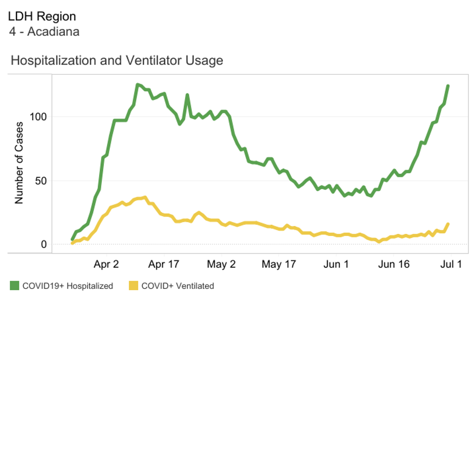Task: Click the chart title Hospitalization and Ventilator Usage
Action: (117, 60)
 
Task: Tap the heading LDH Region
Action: (42, 17)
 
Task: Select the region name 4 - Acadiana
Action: (44, 32)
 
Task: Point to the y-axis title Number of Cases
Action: (19, 163)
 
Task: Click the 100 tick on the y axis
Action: (38, 117)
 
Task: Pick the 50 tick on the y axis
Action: (41, 181)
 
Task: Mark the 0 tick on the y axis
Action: (44, 244)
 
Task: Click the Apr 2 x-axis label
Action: (106, 264)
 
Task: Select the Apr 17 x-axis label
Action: (164, 264)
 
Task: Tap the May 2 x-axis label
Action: (221, 264)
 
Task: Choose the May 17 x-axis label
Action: (278, 264)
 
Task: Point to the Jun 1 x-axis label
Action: (336, 264)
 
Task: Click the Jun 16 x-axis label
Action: (394, 264)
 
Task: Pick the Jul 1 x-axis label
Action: (451, 264)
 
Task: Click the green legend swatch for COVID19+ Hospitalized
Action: (15, 286)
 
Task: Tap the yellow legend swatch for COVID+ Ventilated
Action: (133, 286)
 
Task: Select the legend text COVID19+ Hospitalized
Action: (68, 286)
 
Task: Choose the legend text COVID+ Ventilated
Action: (178, 286)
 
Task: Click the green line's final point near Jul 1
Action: (448, 85)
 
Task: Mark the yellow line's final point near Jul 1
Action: (448, 224)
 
